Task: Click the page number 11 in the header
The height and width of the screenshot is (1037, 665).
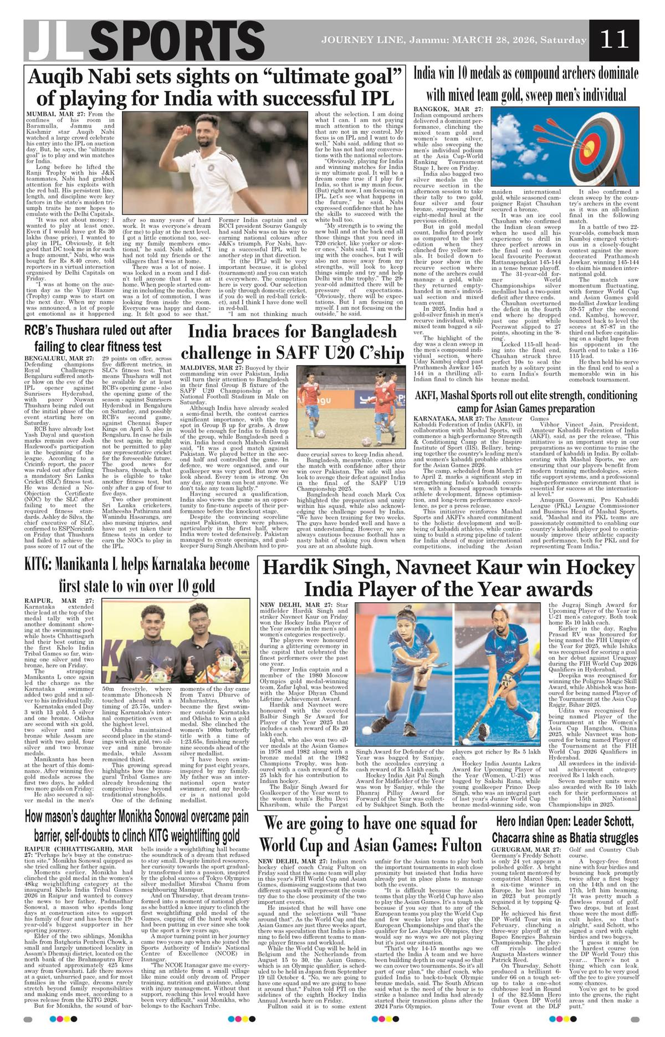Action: point(615,39)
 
